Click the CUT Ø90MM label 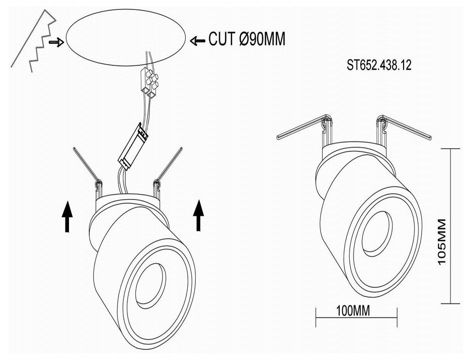pos(247,39)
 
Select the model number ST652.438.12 pos(379,65)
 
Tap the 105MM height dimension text pos(442,242)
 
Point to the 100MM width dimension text pos(353,310)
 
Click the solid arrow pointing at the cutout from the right pos(198,40)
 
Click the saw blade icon pos(33,40)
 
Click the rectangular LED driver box pos(133,146)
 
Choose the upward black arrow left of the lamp pos(67,216)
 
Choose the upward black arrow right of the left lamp pos(198,215)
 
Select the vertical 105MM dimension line pos(451,226)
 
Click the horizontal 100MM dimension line pos(357,317)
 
